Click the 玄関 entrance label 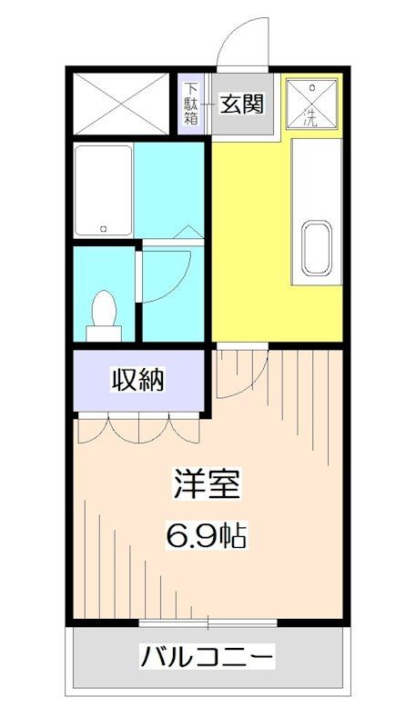[x=242, y=104]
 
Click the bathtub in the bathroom [x=104, y=190]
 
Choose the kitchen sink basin [x=315, y=246]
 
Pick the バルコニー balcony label [x=207, y=655]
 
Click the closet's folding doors [x=137, y=424]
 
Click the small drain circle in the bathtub [x=105, y=228]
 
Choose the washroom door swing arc [x=169, y=273]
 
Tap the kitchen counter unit [x=316, y=209]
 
